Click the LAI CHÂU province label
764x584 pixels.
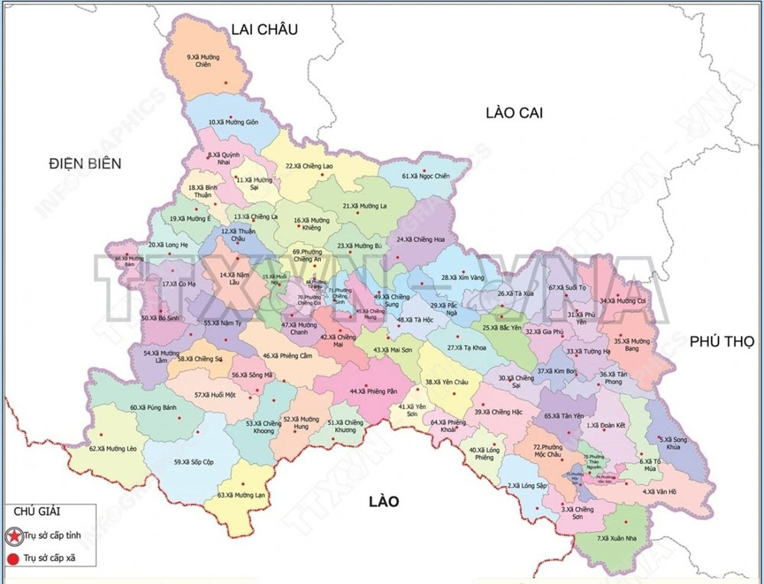tap(264, 30)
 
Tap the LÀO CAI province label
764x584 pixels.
tap(513, 113)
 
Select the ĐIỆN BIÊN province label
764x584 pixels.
tap(83, 163)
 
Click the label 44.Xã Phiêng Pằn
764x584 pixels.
tap(374, 392)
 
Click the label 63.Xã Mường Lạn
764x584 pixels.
tap(243, 495)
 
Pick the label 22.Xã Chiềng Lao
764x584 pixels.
tap(309, 166)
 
